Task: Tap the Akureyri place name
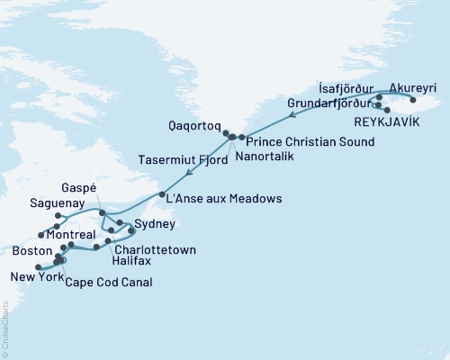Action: tap(413, 88)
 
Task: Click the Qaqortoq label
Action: tap(193, 127)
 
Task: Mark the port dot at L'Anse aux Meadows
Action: tap(161, 195)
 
